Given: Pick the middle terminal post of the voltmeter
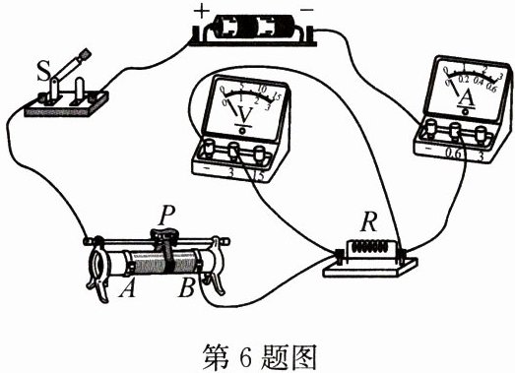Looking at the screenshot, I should coord(234,151).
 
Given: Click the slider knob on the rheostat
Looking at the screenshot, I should coord(164,236).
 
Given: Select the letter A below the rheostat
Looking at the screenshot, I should coord(125,289).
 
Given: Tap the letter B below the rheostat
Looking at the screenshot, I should coord(185,289).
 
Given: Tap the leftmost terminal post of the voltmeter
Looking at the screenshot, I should coord(210,149).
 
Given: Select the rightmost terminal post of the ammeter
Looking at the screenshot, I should coord(480,129).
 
